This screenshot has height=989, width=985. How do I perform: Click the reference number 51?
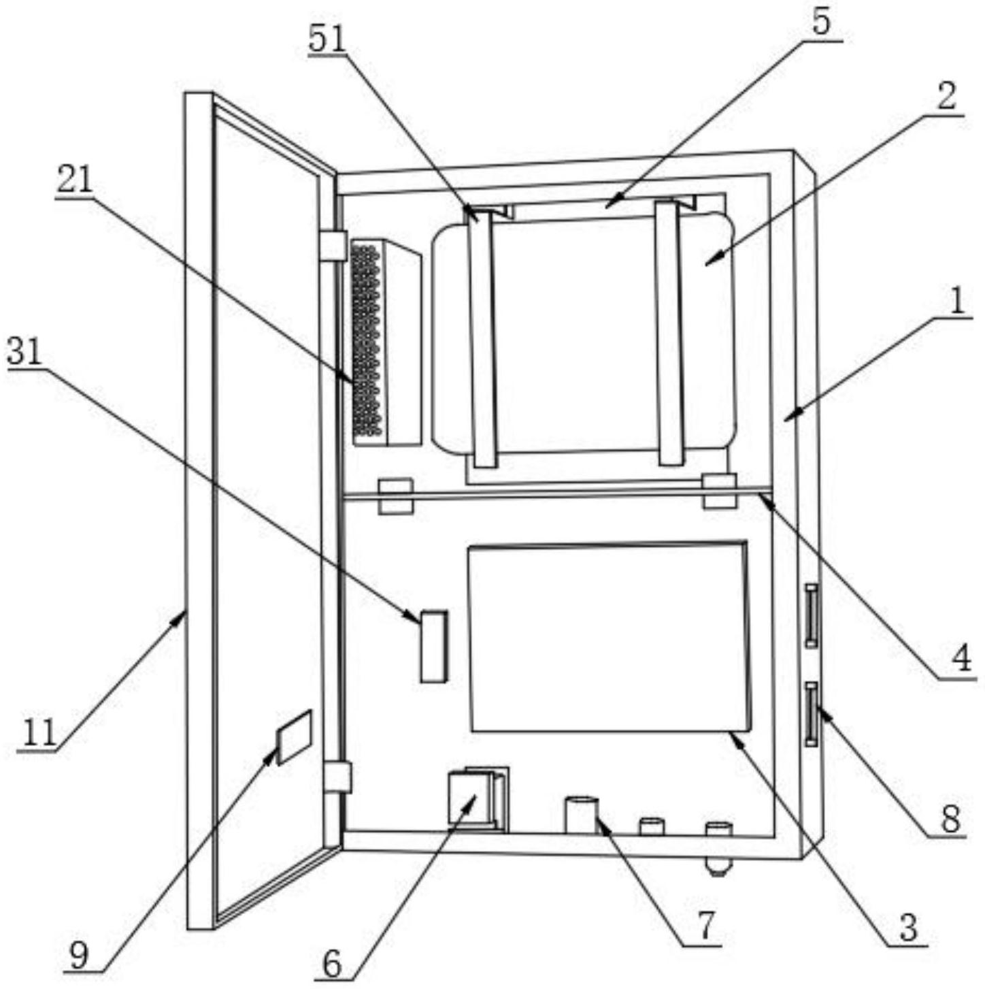click(x=327, y=39)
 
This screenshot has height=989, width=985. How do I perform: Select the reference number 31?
click(x=24, y=353)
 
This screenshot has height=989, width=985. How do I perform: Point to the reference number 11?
click(x=39, y=733)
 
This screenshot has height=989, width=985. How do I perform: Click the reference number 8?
click(x=950, y=818)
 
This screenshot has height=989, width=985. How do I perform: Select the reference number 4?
click(x=961, y=658)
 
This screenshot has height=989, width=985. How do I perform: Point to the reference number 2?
click(x=946, y=97)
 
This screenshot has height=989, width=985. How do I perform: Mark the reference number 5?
click(x=821, y=22)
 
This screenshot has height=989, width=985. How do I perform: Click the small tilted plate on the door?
click(x=294, y=736)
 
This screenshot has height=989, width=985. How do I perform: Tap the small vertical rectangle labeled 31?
click(x=433, y=646)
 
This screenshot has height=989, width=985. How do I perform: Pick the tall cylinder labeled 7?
click(x=581, y=814)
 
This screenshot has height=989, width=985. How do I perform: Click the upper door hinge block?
click(x=333, y=246)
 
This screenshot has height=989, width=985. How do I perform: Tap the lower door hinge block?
click(x=337, y=777)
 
